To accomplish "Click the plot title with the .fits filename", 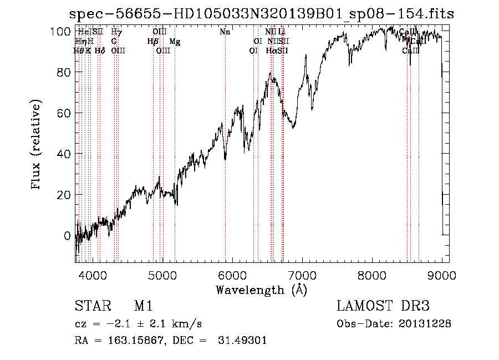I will (261, 13).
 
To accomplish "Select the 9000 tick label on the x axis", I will (442, 273).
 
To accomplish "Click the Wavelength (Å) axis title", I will (261, 290).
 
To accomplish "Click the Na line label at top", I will (225, 32).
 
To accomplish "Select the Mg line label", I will (175, 42).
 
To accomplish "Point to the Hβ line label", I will (153, 42).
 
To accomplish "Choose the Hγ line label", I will (116, 32).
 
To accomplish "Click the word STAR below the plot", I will (92, 307).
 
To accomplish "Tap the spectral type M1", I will (143, 307).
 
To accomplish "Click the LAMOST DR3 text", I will (383, 307).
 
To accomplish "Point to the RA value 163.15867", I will (126, 341).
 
